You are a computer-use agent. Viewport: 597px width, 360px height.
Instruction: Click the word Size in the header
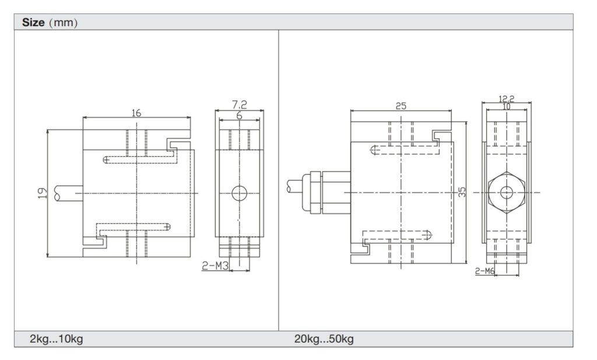33,23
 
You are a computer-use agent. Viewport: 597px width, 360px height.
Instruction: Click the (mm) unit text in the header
64,23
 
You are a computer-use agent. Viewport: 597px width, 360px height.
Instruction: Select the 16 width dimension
136,113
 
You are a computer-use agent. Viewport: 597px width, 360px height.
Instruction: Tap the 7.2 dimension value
240,105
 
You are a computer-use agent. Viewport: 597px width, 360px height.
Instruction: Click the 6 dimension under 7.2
239,115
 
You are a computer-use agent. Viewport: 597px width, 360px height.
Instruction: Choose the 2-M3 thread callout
215,266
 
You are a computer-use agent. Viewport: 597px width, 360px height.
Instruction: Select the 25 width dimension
401,106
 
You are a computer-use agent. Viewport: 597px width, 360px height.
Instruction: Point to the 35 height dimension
462,192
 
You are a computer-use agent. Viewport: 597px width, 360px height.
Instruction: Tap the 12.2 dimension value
507,99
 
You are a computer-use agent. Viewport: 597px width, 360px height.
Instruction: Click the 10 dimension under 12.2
506,107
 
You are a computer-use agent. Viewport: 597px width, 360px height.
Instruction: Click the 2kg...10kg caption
57,339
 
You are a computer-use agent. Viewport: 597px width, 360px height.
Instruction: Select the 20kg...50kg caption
324,339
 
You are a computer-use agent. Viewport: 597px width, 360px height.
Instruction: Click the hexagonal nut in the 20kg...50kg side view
507,192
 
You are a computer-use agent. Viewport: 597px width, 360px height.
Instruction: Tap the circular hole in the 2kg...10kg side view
239,193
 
